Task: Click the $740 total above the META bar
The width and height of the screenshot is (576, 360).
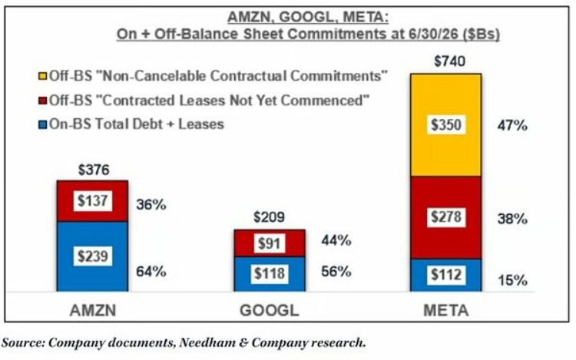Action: pyautogui.click(x=449, y=61)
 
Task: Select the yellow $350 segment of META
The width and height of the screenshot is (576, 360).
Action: pyautogui.click(x=446, y=125)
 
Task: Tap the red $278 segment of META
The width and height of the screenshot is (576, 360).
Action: pyautogui.click(x=446, y=218)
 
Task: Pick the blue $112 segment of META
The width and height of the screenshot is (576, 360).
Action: pyautogui.click(x=446, y=276)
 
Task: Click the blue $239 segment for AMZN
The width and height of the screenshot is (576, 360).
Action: pyautogui.click(x=93, y=256)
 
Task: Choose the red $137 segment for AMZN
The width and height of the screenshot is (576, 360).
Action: pyautogui.click(x=93, y=201)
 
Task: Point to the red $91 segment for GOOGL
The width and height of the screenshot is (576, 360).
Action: pyautogui.click(x=270, y=243)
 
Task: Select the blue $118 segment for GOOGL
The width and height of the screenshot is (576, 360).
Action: pyautogui.click(x=270, y=274)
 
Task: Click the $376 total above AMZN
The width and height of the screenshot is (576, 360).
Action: pyautogui.click(x=94, y=170)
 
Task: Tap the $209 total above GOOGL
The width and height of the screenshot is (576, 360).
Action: pyautogui.click(x=270, y=217)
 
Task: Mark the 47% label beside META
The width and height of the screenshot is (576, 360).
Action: pyautogui.click(x=512, y=126)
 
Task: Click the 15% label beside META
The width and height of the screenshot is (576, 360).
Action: pyautogui.click(x=512, y=280)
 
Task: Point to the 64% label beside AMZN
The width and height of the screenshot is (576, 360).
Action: pyautogui.click(x=151, y=272)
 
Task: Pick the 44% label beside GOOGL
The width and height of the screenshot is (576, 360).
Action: pyautogui.click(x=336, y=240)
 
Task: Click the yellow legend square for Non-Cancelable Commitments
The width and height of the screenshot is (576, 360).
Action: pyautogui.click(x=43, y=76)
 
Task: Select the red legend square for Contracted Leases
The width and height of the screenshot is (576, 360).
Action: pyautogui.click(x=43, y=101)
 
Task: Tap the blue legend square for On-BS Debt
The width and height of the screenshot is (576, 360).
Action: pyautogui.click(x=43, y=125)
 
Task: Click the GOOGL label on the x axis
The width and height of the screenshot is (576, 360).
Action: pyautogui.click(x=270, y=310)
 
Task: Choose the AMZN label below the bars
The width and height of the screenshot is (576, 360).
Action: pyautogui.click(x=93, y=310)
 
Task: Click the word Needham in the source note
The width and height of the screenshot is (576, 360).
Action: pyautogui.click(x=207, y=342)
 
